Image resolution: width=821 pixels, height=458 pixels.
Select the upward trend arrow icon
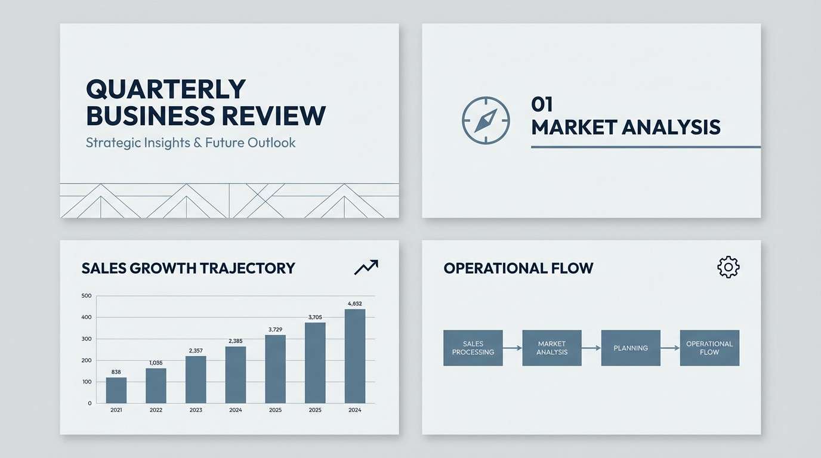coord(366,267)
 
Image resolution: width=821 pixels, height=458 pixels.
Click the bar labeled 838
coord(116,390)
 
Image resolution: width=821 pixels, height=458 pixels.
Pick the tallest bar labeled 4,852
coord(355,356)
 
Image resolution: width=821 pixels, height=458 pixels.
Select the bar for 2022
coord(156,386)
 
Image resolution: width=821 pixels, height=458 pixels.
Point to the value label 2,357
coord(196,351)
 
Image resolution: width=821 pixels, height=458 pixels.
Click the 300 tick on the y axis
coord(87,339)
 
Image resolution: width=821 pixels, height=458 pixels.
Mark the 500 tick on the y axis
coord(87,296)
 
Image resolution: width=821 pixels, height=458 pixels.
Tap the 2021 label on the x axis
coord(116,410)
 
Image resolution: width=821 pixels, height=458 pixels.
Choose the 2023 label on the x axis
coord(196,410)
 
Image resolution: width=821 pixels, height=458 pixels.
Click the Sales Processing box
coord(473,348)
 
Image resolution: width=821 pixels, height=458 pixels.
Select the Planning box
coord(631,348)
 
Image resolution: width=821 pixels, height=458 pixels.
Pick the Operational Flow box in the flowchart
coord(709,348)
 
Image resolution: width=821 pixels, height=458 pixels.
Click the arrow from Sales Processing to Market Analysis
coord(513,348)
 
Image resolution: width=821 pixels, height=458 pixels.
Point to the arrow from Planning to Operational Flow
coord(671,348)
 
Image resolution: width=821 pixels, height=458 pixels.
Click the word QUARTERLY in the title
coord(166,89)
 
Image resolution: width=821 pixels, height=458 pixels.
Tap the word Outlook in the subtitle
coord(271,143)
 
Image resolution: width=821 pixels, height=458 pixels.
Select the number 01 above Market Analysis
coord(542,104)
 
